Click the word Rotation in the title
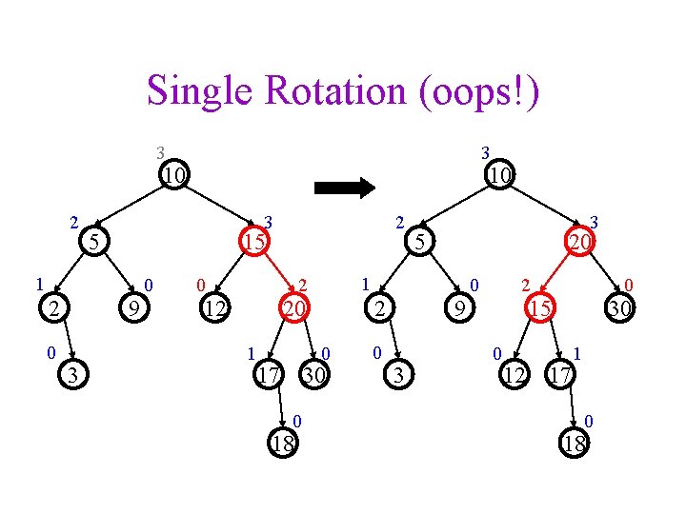323,91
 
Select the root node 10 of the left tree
172,176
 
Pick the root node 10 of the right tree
499,176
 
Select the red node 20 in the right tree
579,243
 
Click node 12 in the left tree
215,307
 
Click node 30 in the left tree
314,376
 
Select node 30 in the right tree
619,307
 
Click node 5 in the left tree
92,243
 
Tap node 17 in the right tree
559,376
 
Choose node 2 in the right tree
380,307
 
